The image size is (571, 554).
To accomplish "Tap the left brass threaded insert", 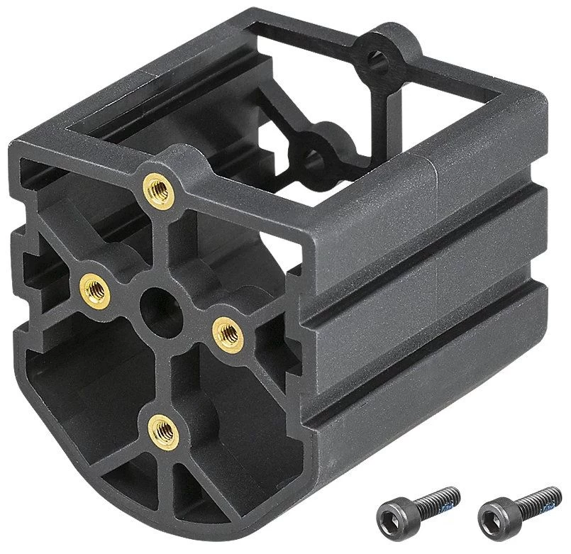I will (94, 288).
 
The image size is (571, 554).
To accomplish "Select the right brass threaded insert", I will (227, 331).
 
